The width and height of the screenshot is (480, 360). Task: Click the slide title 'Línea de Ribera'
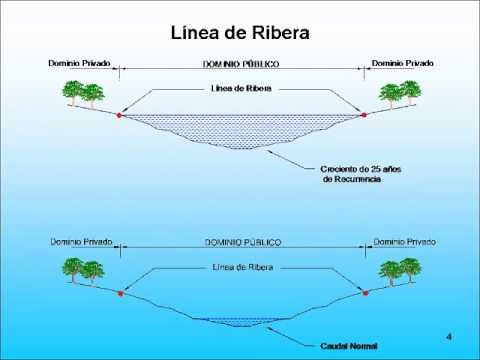click(x=240, y=33)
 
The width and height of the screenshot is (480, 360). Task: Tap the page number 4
click(x=449, y=337)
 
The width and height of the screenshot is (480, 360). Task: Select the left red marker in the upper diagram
click(x=119, y=115)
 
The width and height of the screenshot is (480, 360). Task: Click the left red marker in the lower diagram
click(x=121, y=293)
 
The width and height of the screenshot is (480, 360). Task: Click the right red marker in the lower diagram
click(x=365, y=293)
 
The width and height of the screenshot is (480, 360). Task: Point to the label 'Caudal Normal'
click(x=349, y=346)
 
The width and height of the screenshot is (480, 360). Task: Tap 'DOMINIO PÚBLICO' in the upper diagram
click(x=241, y=63)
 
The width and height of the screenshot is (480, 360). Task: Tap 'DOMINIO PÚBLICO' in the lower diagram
click(x=243, y=242)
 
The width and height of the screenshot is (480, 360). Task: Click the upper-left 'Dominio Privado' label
click(x=79, y=63)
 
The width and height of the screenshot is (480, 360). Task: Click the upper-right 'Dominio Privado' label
click(x=403, y=63)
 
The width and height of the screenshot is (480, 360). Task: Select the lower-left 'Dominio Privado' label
click(x=81, y=242)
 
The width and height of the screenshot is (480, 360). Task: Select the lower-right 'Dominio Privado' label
click(x=404, y=242)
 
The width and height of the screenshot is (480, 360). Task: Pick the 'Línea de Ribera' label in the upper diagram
click(x=242, y=89)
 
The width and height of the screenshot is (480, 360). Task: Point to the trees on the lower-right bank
click(x=400, y=270)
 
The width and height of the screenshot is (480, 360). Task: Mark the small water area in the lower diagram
click(x=240, y=321)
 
